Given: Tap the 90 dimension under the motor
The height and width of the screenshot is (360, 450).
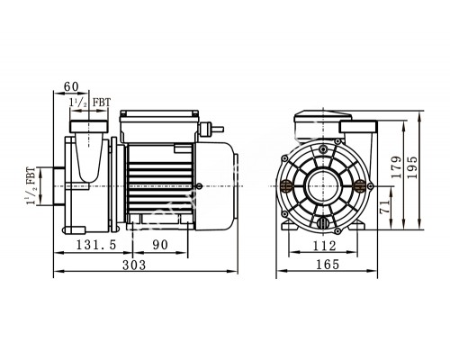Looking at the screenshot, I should coord(158,245).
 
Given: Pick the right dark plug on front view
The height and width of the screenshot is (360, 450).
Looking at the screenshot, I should coord(363,186).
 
